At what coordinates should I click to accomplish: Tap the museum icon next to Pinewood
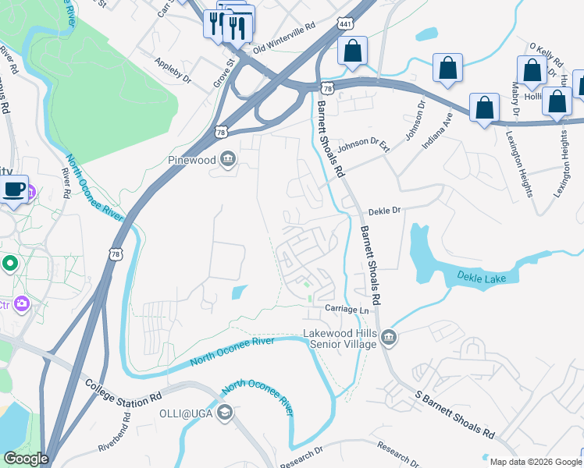227,161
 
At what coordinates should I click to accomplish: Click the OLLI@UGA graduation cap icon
225,413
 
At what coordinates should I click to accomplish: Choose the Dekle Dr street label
384,211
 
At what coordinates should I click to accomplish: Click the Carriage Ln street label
347,310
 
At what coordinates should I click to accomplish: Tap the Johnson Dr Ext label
363,144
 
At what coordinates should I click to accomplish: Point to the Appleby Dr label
173,69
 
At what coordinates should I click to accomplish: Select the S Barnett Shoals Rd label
456,414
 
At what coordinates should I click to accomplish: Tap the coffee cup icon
14,189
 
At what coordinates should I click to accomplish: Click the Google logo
26,459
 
